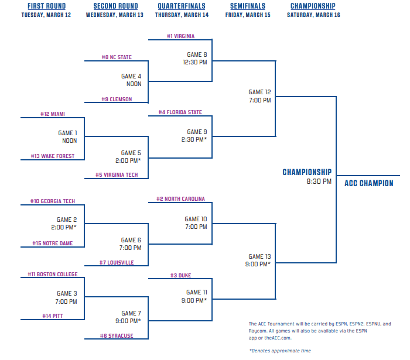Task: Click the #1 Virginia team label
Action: coord(180,36)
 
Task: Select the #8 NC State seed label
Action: coord(117,57)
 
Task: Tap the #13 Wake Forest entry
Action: coord(53,156)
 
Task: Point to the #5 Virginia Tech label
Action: coord(117,175)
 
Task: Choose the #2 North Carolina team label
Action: coord(180,199)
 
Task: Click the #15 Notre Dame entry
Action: coord(53,244)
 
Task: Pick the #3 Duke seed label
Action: coord(180,275)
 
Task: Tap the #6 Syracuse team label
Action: coord(117,335)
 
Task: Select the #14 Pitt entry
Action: coord(53,316)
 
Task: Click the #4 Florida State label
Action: coord(180,112)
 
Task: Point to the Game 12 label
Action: coord(259,92)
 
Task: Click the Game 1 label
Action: coord(67,133)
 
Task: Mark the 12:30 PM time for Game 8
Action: coord(195,62)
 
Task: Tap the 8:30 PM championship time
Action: coord(319,181)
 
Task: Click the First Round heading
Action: coord(46,6)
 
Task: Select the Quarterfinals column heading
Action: coord(182,6)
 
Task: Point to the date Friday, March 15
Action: coord(248,15)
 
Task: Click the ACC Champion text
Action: coord(368,183)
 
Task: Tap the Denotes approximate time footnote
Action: coord(280,351)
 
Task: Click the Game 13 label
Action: coord(259,256)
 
